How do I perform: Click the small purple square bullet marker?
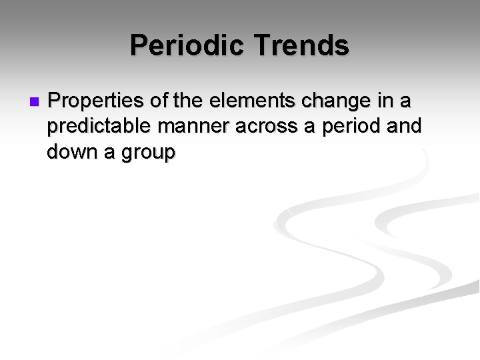click(x=35, y=102)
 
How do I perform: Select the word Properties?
click(x=93, y=102)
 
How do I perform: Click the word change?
click(x=337, y=102)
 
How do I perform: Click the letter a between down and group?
click(x=108, y=154)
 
